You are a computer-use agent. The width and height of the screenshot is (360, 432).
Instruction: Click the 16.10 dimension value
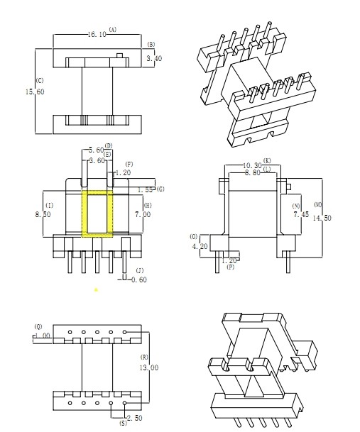pos(97,34)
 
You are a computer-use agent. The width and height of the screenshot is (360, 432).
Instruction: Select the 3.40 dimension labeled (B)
pos(153,58)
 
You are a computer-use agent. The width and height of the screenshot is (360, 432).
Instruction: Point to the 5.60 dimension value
pos(95,150)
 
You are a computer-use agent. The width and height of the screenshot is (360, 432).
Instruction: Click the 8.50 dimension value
pos(43,214)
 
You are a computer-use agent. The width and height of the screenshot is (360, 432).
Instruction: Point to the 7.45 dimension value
pos(300,213)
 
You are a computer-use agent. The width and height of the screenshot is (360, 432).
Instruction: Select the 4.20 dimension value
pos(200,247)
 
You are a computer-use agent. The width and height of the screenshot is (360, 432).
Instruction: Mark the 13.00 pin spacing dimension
pos(150,367)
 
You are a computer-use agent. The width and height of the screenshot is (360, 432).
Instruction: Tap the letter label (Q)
pos(38,326)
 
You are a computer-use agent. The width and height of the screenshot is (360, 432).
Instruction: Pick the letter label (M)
pos(317,184)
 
